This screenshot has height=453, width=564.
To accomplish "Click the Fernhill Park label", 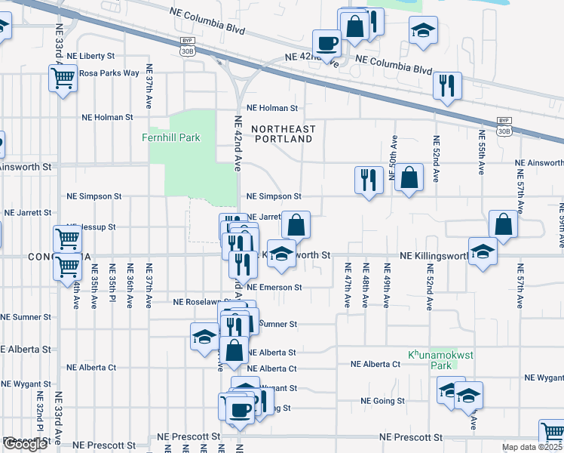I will (x=170, y=137).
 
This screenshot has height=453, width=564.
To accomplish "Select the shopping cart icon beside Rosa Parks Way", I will (x=63, y=77).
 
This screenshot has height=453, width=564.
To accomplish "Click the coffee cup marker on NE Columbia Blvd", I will (x=327, y=43).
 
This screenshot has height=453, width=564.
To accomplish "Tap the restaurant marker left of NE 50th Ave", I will (x=368, y=180).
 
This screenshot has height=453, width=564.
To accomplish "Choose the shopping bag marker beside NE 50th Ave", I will (x=408, y=179).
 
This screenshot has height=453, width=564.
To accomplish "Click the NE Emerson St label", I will (x=274, y=288).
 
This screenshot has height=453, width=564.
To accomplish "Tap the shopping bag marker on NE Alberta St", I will (x=235, y=350).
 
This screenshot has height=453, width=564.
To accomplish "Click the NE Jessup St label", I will (x=90, y=227).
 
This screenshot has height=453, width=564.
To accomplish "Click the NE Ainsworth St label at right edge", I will (x=538, y=163).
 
